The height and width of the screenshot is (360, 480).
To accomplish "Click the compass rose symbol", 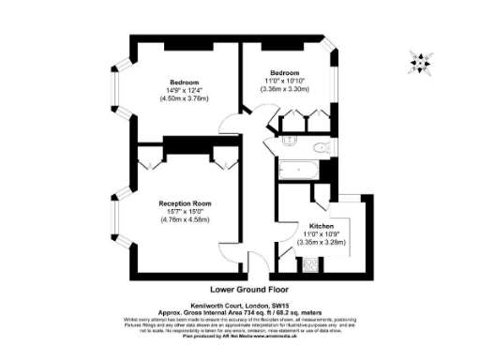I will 419,63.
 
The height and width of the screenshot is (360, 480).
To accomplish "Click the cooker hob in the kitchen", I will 310,265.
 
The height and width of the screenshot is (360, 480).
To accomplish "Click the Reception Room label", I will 184,203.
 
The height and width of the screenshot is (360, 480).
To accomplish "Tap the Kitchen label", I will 322,226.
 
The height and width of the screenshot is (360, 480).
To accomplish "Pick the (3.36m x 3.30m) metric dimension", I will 285,89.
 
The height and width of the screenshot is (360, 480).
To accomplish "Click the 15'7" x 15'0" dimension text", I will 184,212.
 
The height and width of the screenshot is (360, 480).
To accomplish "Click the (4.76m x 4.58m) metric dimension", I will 184,220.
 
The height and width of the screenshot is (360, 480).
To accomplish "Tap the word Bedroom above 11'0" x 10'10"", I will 285,73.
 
